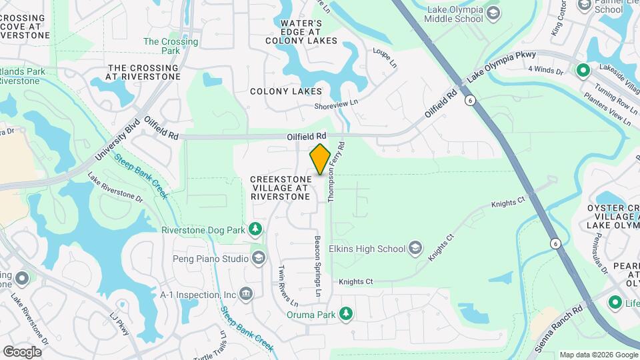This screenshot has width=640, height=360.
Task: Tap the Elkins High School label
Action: click(372, 249)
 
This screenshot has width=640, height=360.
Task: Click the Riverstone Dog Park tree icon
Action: click(255, 230)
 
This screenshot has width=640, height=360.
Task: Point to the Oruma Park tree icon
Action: click(345, 314)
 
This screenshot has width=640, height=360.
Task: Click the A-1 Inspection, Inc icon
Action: click(246, 294)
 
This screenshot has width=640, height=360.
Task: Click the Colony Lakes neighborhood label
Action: click(285, 91)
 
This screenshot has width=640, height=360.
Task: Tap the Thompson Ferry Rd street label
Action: click(335, 172)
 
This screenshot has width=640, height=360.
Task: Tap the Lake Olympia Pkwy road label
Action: click(499, 69)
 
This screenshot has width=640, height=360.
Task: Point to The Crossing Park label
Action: click(171, 46)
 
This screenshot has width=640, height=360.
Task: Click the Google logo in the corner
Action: click(22, 352)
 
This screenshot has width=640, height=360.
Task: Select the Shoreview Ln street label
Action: click(337, 103)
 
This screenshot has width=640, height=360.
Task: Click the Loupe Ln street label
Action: click(385, 58)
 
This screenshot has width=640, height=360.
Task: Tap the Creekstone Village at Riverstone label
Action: click(280, 188)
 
